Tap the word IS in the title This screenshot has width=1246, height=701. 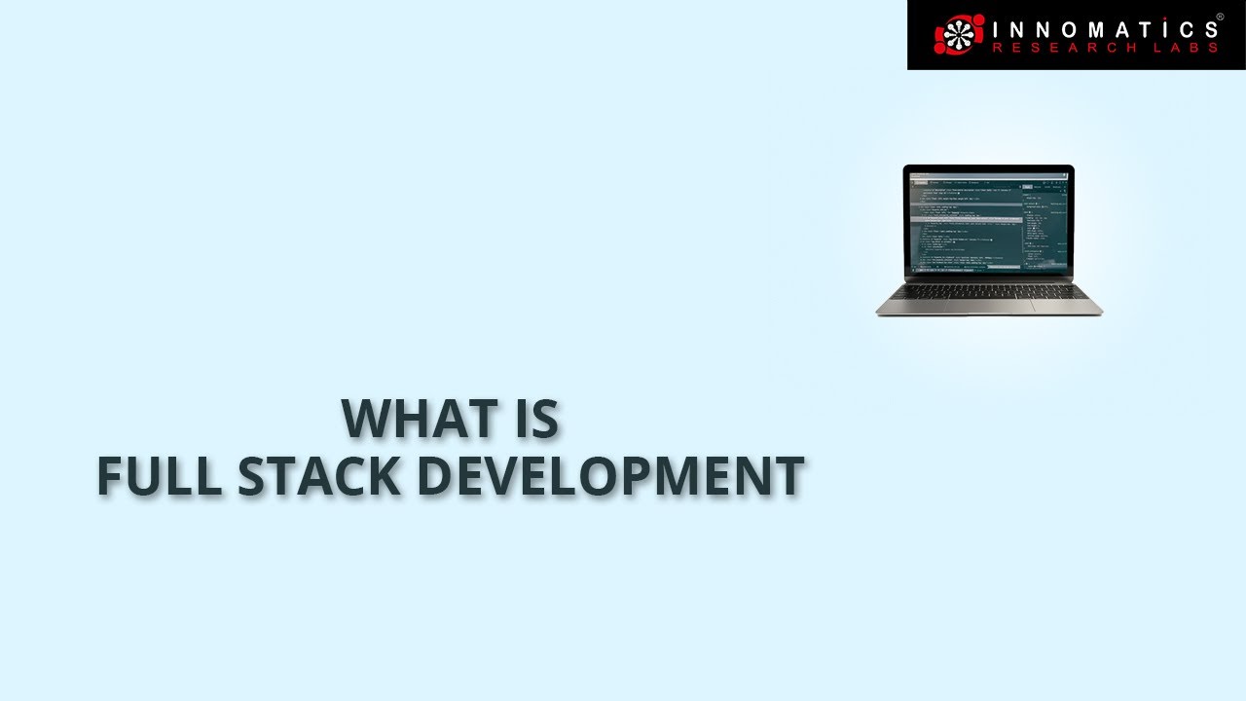pyautogui.click(x=535, y=418)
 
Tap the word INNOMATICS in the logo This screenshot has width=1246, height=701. pyautogui.click(x=1102, y=28)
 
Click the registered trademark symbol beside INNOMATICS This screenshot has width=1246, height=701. pyautogui.click(x=1220, y=17)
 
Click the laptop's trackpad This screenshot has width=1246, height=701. pyautogui.click(x=989, y=305)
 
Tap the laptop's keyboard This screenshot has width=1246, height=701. pyautogui.click(x=989, y=290)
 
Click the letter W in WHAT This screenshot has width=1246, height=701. pyautogui.click(x=366, y=418)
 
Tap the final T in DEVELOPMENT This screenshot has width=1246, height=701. pyautogui.click(x=789, y=476)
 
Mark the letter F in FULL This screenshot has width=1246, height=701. pyautogui.click(x=109, y=476)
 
